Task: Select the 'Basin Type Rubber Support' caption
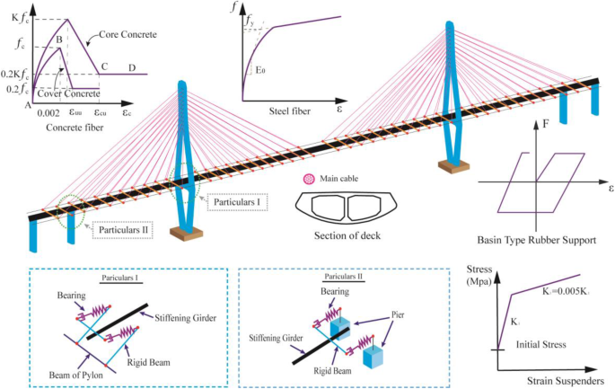tap(536, 240)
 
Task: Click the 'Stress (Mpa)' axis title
tap(486, 275)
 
